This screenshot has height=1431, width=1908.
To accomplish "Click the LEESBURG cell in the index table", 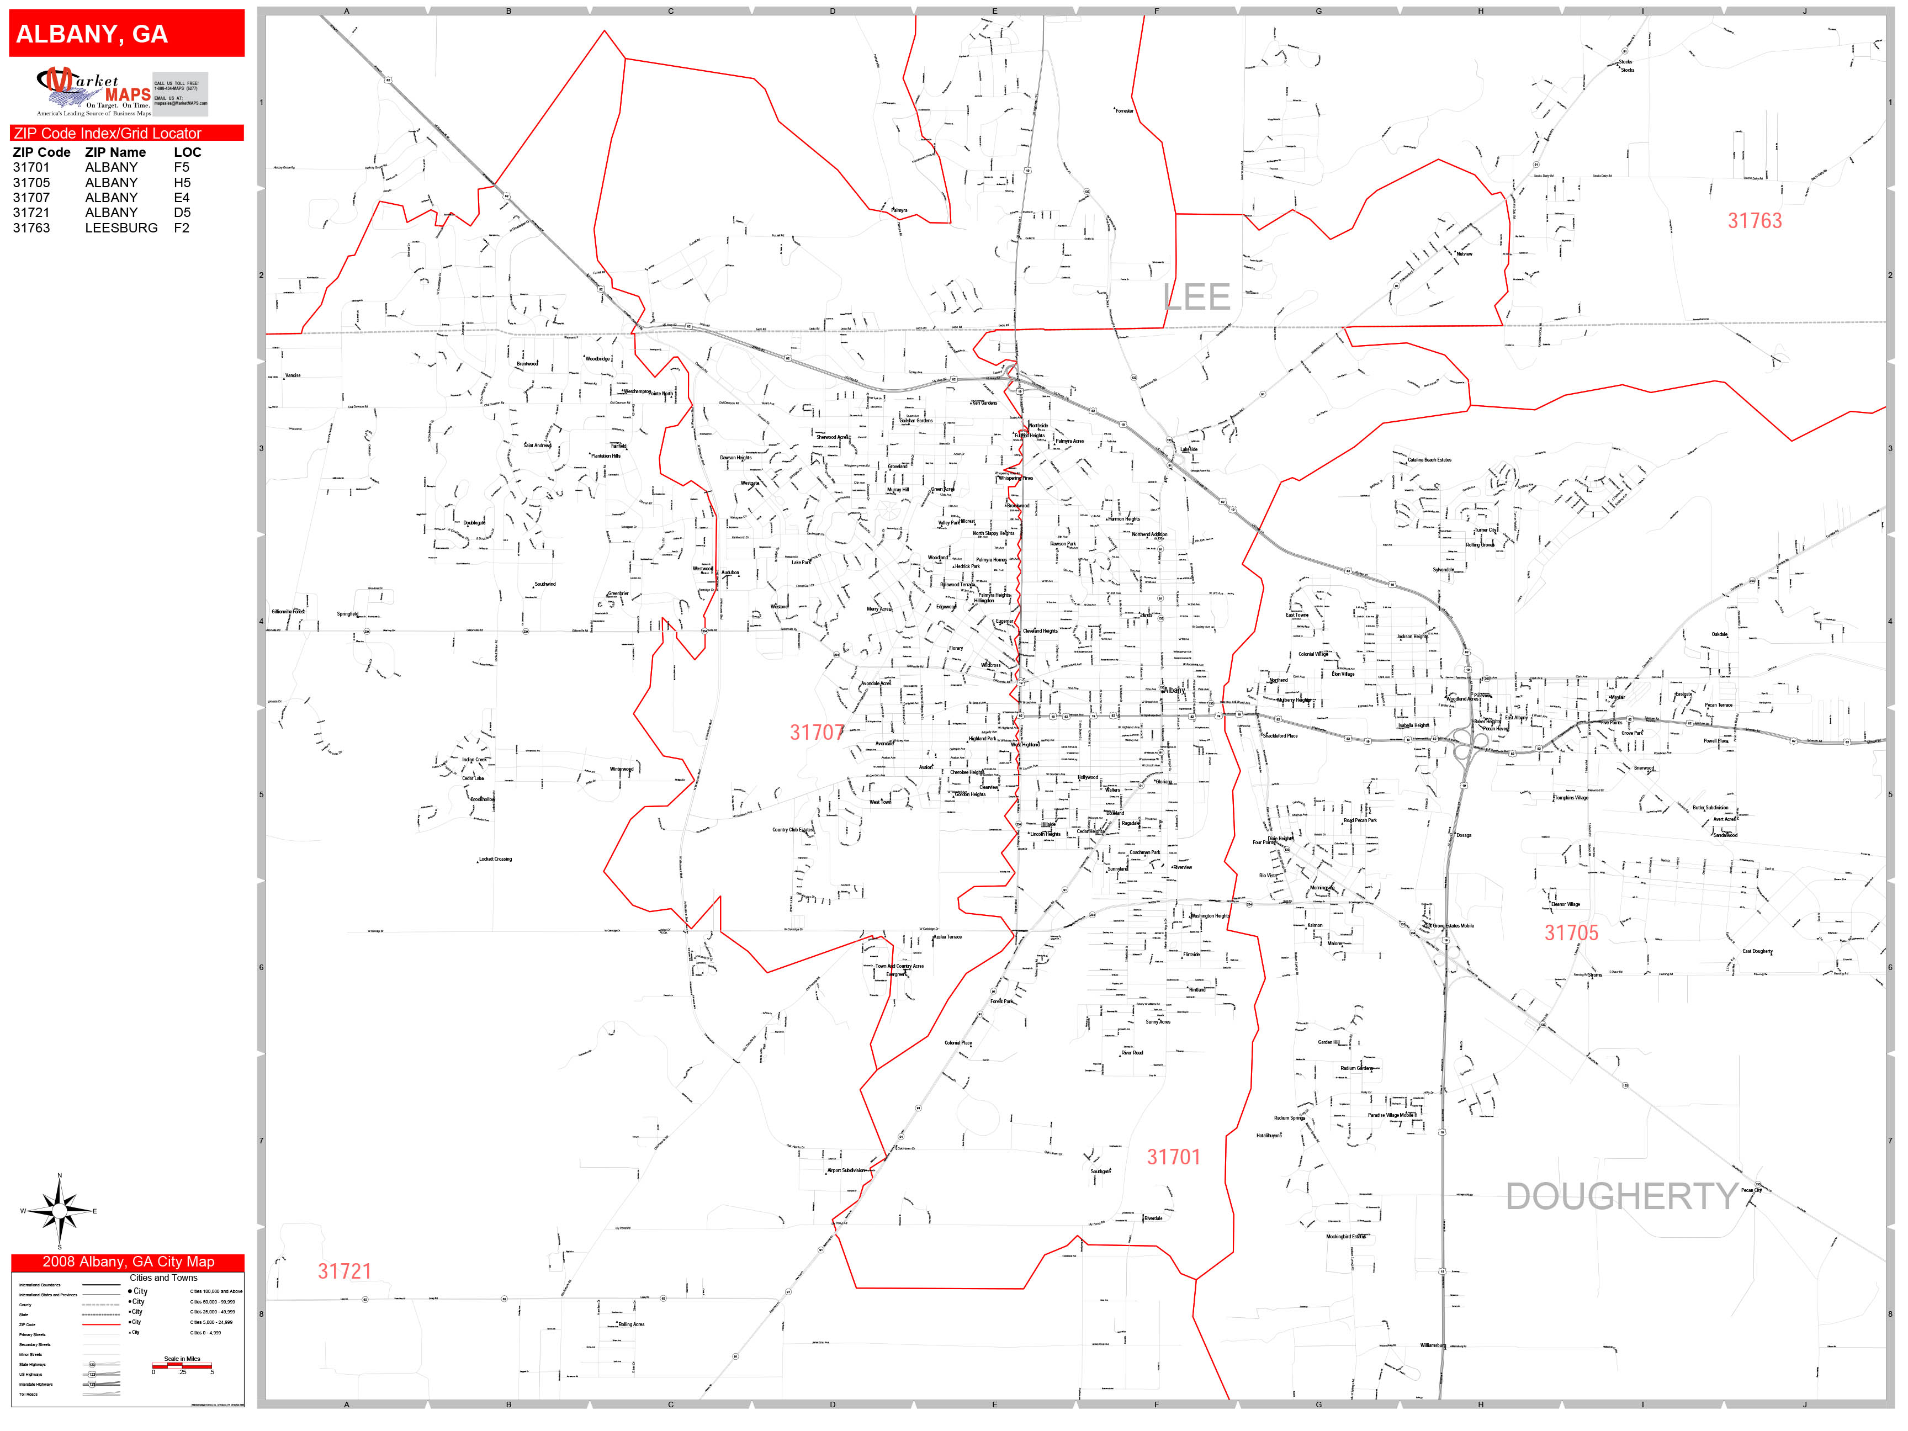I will click(121, 227).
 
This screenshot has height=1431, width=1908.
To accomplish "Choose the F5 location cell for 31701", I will click(181, 167).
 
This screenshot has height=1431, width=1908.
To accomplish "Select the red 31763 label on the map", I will click(1753, 221).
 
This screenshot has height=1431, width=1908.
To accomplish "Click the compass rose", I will click(59, 1211).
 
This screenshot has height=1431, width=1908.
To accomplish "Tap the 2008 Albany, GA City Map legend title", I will click(128, 1262).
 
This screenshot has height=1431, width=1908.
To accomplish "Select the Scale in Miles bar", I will click(182, 1365).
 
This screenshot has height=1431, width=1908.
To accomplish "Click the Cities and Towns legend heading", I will click(163, 1278).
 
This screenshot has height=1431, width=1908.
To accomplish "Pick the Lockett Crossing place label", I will click(495, 859).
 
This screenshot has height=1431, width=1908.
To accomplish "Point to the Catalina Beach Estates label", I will click(1429, 460).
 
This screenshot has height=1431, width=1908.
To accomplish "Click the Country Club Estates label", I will click(792, 830).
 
